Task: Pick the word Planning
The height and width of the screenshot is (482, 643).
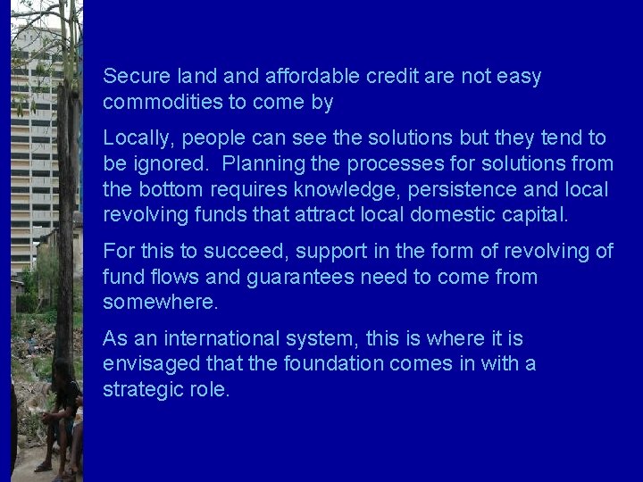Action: point(262,164)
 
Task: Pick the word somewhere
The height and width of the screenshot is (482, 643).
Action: point(161,303)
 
